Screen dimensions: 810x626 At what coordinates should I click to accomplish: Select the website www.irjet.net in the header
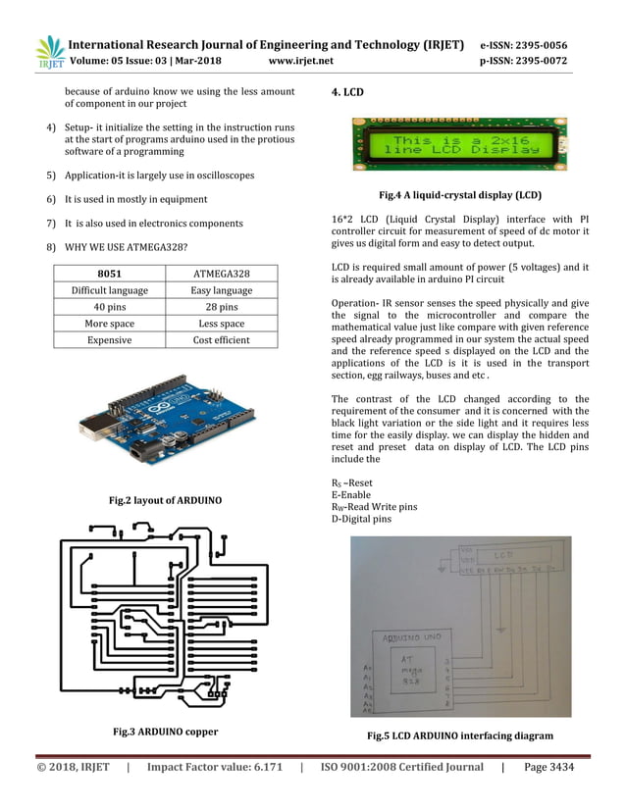[300, 61]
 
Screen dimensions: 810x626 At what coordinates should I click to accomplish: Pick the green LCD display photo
[459, 145]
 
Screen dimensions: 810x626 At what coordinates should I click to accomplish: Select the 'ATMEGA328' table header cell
[221, 274]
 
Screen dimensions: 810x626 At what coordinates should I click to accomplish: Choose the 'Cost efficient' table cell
[221, 340]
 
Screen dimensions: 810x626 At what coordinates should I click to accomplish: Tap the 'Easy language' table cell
[221, 290]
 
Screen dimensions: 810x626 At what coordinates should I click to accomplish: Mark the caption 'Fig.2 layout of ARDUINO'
[165, 501]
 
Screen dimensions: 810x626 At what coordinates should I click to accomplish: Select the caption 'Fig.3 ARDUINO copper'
[165, 732]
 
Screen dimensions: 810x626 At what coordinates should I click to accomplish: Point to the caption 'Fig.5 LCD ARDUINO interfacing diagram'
[460, 735]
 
